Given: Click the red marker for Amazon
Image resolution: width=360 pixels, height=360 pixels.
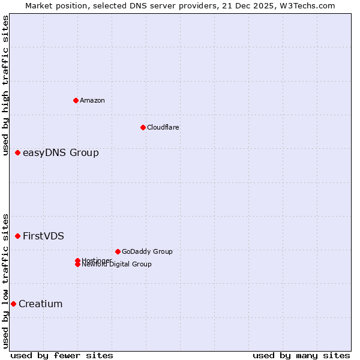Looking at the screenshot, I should pos(76,100).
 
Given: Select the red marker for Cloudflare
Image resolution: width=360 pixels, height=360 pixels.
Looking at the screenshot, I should pos(143,127).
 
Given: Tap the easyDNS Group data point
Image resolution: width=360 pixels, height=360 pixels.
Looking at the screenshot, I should pos(18,153).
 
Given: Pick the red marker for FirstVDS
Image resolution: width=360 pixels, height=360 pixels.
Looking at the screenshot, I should pos(18,236).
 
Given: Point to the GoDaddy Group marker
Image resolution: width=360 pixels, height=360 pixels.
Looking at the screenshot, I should pos(118,251).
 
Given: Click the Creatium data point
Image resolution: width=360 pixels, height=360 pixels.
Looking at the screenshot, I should pos(13,304).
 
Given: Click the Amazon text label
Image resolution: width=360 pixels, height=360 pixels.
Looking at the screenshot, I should pos(92,100).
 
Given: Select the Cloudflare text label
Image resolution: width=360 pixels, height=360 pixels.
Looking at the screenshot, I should pos(163,127).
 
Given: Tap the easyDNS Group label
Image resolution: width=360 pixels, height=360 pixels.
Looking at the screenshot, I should pos(61,153).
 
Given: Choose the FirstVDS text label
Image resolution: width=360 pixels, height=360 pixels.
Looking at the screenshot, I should pos(43,236).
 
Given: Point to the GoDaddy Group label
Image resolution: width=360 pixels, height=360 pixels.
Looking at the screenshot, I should pos(147,251).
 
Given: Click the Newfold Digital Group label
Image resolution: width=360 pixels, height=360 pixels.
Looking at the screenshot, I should pos(117,264).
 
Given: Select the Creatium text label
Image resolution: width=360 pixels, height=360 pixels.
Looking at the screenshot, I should pos(40,304).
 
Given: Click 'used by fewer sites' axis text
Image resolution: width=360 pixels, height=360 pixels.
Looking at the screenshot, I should pos(62,355).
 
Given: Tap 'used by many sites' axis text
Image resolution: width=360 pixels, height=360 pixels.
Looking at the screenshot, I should pos(301,355).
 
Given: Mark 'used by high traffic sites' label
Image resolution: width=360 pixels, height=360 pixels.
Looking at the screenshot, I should pos(5,85).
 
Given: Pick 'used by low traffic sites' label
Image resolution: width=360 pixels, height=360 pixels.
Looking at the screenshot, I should pos(5,280).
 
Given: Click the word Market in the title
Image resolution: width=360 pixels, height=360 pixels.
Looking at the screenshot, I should pos(38,5).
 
